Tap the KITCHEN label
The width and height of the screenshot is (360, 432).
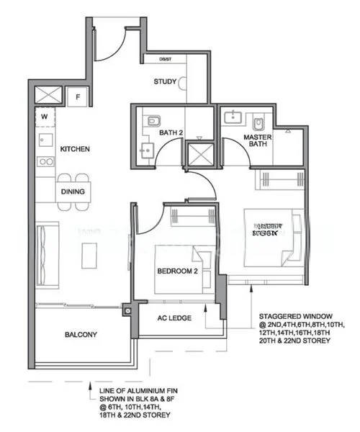click(75, 149)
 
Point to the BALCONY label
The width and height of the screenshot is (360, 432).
click(81, 335)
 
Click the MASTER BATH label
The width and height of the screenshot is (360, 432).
click(256, 140)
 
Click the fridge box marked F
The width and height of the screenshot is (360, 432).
click(78, 94)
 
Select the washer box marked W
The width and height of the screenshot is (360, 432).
click(44, 114)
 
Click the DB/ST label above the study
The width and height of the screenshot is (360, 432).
click(165, 60)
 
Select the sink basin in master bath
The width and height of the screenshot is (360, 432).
click(234, 117)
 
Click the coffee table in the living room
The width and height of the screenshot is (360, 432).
click(89, 254)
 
